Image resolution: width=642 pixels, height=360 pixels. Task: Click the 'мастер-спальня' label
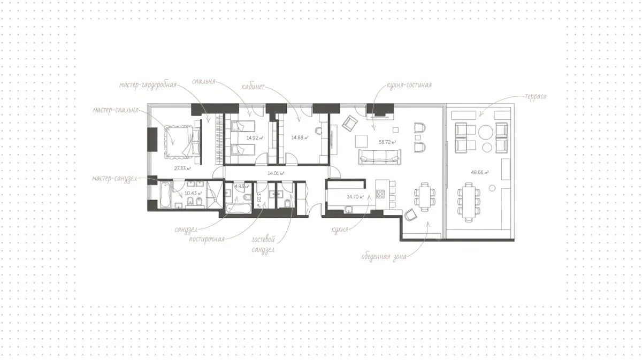[x=116, y=110]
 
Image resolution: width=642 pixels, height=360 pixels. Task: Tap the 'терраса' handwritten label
[x=536, y=96]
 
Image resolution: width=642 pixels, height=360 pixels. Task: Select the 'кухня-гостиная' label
[x=409, y=85]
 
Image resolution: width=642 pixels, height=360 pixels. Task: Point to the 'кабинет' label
[x=253, y=87]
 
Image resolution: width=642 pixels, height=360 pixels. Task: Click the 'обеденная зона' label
[x=384, y=257]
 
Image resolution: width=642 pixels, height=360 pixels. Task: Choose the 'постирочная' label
[x=207, y=239]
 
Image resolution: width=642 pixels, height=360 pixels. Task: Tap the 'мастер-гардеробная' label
[x=148, y=85]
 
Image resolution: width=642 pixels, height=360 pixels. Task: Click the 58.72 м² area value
[x=387, y=142]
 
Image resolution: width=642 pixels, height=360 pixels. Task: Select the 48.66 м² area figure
[x=479, y=173]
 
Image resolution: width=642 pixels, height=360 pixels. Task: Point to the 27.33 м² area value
[x=182, y=168]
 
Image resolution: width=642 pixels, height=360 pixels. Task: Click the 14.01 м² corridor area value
[x=276, y=173]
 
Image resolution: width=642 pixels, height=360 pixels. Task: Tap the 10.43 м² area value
[x=193, y=194]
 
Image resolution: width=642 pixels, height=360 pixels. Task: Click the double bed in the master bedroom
[x=182, y=142]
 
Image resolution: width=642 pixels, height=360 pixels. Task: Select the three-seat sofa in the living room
[x=379, y=157]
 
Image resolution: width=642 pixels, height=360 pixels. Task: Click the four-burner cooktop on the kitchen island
[x=380, y=194]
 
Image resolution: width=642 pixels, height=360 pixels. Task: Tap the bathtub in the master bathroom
[x=165, y=195]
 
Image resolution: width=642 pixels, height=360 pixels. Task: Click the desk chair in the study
[x=318, y=131]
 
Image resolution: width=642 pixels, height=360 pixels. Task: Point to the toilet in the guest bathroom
[x=287, y=203]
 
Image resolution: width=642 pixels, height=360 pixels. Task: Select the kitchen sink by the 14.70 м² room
[x=348, y=210]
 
